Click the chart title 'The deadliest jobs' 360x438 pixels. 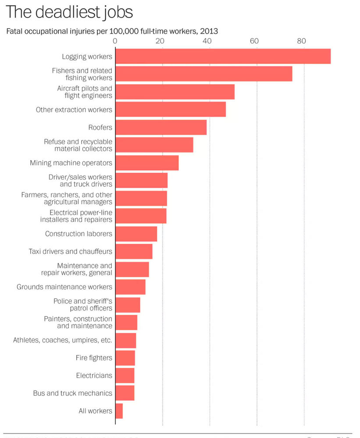(69, 12)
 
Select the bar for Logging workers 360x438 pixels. (223, 57)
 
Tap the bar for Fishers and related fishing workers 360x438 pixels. (203, 74)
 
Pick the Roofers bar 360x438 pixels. (160, 127)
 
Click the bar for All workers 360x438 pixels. (119, 411)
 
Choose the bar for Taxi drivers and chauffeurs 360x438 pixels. (134, 251)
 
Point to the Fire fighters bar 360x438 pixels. (125, 358)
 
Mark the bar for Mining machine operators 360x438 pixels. (147, 163)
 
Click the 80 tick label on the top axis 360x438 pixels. (301, 41)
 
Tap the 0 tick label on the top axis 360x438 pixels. (115, 41)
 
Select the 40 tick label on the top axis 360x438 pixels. (207, 41)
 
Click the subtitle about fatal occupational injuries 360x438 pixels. (112, 31)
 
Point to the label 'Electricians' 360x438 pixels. (94, 375)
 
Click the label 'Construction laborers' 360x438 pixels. (78, 234)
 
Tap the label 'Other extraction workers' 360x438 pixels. (74, 110)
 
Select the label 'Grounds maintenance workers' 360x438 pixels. (64, 287)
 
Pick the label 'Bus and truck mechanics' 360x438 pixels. (72, 393)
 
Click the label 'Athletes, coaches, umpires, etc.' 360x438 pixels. (62, 340)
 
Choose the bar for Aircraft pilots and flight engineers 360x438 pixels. (175, 92)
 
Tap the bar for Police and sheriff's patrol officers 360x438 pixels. (128, 305)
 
